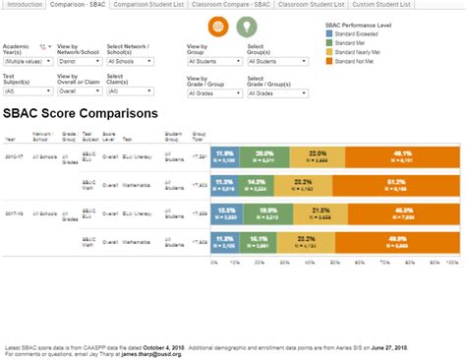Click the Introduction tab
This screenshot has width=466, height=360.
coord(24,5)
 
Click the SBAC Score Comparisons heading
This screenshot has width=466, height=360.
coord(81,113)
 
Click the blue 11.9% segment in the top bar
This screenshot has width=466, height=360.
coord(224,156)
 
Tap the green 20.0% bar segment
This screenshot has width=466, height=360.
coord(263,156)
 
